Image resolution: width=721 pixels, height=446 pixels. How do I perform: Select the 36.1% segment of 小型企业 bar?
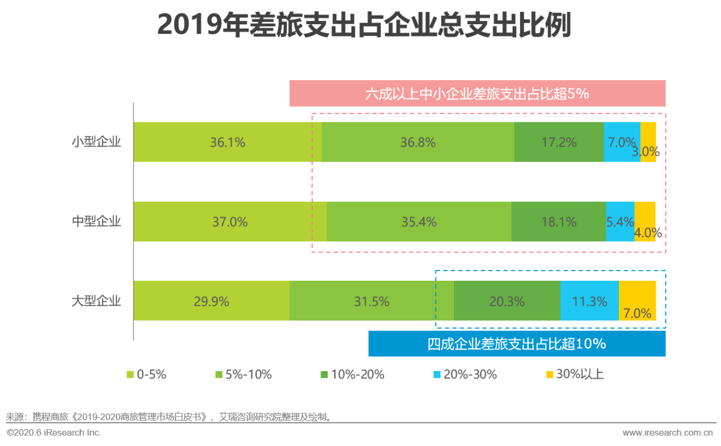click(228, 142)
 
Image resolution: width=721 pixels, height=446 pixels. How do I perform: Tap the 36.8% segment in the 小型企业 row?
click(418, 142)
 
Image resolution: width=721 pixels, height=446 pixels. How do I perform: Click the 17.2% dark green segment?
click(559, 142)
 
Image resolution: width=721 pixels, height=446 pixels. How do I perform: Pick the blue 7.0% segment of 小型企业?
click(621, 142)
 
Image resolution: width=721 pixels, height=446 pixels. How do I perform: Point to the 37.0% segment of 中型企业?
click(230, 222)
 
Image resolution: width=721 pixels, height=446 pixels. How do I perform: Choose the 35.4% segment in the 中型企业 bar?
click(419, 222)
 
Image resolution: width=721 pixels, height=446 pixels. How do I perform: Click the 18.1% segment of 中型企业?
click(558, 222)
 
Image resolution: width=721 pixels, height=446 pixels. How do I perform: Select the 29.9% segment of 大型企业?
click(211, 301)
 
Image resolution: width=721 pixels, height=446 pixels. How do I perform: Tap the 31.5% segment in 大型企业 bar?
click(371, 301)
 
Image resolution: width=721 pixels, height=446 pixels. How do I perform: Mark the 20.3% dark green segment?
click(507, 301)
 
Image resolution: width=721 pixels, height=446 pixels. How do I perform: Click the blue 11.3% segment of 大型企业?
click(589, 301)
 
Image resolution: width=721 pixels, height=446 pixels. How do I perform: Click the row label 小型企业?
click(96, 142)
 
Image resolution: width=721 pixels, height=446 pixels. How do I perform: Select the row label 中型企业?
click(96, 222)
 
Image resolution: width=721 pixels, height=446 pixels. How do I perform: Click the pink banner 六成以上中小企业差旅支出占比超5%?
click(477, 94)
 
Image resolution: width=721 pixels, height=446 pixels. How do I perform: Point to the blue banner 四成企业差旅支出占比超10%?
click(517, 343)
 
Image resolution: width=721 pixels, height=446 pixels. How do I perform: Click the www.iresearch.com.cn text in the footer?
click(667, 433)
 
